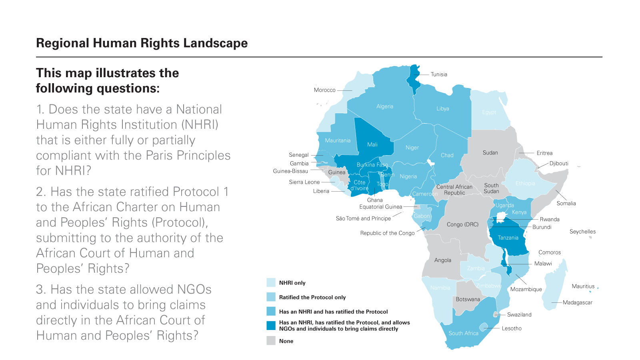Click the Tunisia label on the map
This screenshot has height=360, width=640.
click(x=439, y=74)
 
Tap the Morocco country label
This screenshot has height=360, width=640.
click(x=324, y=90)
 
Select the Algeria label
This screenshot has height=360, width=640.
click(x=384, y=106)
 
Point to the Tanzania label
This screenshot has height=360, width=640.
click(x=508, y=238)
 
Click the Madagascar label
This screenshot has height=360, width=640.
click(x=577, y=302)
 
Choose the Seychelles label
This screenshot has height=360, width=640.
click(x=582, y=232)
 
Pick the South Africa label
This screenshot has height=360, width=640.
click(x=463, y=333)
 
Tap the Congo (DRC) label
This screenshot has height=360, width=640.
click(x=462, y=224)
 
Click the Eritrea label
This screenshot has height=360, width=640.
click(x=544, y=153)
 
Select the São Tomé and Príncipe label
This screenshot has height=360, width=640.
click(x=363, y=218)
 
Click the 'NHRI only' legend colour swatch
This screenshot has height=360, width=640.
click(x=271, y=282)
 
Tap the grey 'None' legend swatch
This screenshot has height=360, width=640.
click(x=271, y=341)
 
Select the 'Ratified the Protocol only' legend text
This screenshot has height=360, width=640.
click(x=312, y=297)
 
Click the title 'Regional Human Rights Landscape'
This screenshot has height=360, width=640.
click(x=142, y=43)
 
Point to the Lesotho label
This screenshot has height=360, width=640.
click(x=512, y=328)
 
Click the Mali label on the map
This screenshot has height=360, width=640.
click(x=372, y=144)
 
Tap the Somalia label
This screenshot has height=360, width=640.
click(x=566, y=203)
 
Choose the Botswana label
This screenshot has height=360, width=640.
click(x=468, y=299)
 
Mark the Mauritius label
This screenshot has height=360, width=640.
click(x=583, y=286)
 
